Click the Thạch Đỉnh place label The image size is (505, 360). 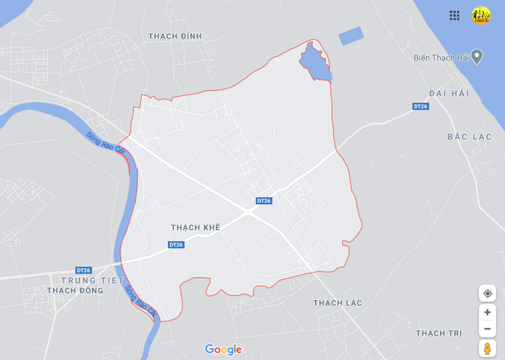tap(175, 36)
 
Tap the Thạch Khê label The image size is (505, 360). tap(195, 228)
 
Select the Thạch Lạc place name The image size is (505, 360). tap(337, 303)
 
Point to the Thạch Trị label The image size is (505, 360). tap(439, 333)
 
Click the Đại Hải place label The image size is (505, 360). tap(448, 93)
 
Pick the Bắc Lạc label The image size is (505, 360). tap(469, 137)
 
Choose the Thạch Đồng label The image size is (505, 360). tap(75, 291)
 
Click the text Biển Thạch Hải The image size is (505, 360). tap(441, 57)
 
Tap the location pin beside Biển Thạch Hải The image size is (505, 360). tap(477, 56)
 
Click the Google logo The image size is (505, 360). tap(223, 349)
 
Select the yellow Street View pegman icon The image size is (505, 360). tap(487, 348)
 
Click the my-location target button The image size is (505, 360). tap(487, 293)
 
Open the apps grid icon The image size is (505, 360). tap(454, 16)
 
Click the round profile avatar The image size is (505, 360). tap(481, 16)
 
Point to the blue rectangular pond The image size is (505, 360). tap(350, 36)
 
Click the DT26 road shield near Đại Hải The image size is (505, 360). tap(421, 107)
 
